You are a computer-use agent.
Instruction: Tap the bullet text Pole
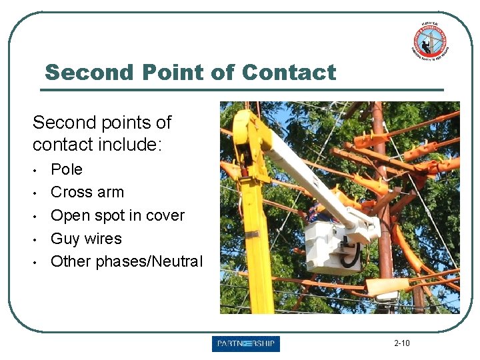pyautogui.click(x=67, y=169)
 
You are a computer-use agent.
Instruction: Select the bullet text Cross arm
pyautogui.click(x=87, y=192)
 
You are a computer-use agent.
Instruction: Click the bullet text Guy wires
pyautogui.click(x=86, y=238)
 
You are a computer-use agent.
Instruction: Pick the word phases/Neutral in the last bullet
pyautogui.click(x=149, y=261)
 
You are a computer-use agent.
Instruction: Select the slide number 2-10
pyautogui.click(x=401, y=343)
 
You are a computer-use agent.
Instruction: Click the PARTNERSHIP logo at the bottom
pyautogui.click(x=246, y=344)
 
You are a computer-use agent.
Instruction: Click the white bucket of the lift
pyautogui.click(x=331, y=247)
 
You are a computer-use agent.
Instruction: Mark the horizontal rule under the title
pyautogui.click(x=243, y=89)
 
